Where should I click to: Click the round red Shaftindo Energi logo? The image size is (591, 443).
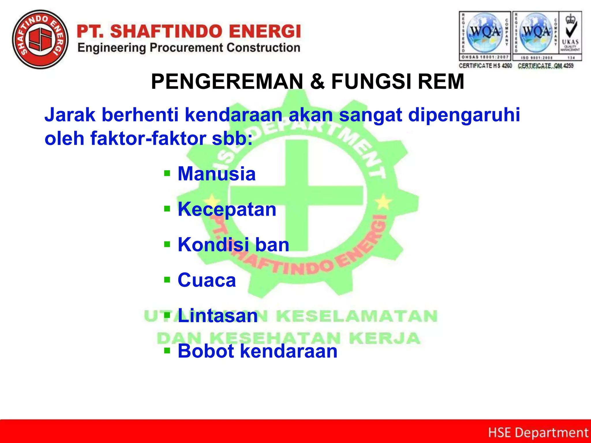click(40, 40)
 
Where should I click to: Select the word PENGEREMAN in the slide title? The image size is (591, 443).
click(227, 82)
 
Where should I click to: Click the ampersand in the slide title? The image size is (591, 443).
click(317, 82)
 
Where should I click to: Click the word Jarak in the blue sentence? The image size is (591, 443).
click(70, 115)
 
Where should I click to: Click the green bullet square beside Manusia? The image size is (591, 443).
click(167, 173)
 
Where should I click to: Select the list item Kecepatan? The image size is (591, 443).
click(227, 209)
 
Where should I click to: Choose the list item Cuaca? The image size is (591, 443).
click(207, 280)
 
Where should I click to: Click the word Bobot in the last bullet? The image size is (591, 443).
click(206, 351)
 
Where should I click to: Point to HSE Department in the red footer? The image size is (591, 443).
click(538, 433)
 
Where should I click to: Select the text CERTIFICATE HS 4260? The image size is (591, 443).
click(485, 66)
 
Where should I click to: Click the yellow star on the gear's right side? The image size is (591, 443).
click(383, 202)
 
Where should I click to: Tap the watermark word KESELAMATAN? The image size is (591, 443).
click(357, 316)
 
